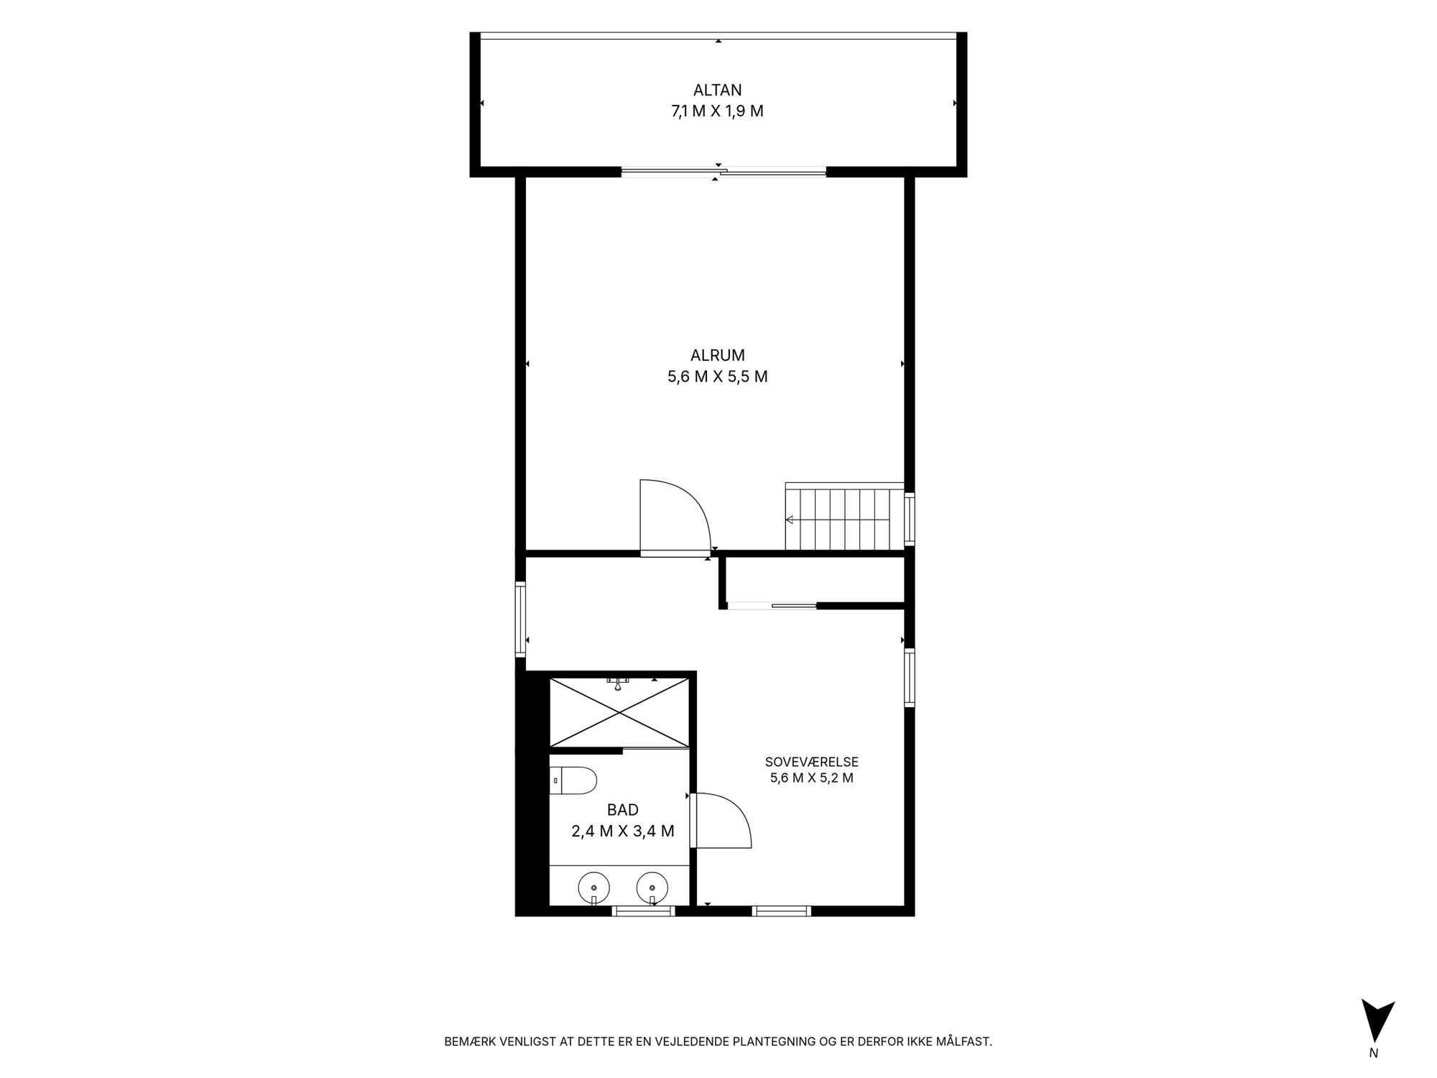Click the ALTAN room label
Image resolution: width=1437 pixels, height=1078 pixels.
[x=717, y=91]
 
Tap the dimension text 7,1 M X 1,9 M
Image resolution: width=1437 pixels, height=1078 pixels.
[x=717, y=111]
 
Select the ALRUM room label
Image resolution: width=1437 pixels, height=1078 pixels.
[x=717, y=355]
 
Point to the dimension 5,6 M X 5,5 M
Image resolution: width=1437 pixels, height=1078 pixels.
[x=717, y=377]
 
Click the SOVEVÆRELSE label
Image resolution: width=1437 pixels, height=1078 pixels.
[x=811, y=762]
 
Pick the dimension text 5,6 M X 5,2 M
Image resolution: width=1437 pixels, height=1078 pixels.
[x=811, y=778]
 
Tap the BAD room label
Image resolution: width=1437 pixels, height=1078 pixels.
[x=622, y=810]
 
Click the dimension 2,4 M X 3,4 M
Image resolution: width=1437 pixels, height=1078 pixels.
[x=622, y=831]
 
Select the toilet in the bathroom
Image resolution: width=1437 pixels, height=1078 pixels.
[x=573, y=781]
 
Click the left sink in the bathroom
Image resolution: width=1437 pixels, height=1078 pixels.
[x=594, y=888]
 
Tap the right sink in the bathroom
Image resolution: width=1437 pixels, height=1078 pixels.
[x=652, y=888]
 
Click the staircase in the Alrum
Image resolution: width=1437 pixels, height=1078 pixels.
[x=844, y=516]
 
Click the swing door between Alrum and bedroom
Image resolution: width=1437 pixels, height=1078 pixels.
[x=675, y=517]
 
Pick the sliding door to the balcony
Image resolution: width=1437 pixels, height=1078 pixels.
[x=723, y=172]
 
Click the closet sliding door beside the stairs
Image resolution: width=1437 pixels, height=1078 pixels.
[x=772, y=605]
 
